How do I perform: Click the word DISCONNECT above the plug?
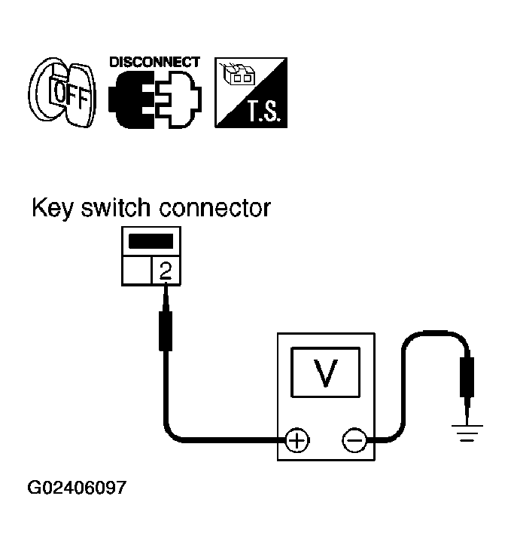click(x=154, y=62)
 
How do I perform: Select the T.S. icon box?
click(x=251, y=92)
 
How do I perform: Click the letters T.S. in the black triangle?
click(x=263, y=113)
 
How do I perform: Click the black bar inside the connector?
click(x=151, y=241)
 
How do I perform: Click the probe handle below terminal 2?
click(x=165, y=330)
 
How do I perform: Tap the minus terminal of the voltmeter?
click(x=352, y=440)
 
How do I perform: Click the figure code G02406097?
click(x=77, y=488)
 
